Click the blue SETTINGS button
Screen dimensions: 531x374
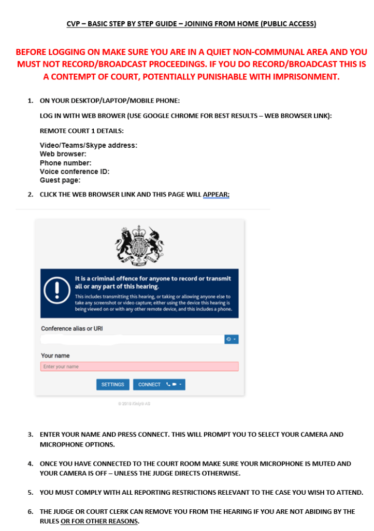[x=112, y=384]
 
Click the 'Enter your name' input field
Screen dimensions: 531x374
[x=139, y=367]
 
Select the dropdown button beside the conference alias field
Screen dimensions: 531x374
[x=231, y=339]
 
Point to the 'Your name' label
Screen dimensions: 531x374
[x=55, y=356]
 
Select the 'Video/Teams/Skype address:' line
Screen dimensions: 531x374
[x=88, y=146]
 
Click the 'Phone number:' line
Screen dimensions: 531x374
[x=65, y=163]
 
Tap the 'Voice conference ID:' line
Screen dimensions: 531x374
[x=75, y=172]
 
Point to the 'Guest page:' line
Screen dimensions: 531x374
[x=60, y=180]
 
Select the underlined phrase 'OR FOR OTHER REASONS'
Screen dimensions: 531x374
[x=99, y=521]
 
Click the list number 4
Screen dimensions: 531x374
[x=31, y=464]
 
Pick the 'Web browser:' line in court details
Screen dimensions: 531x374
[x=63, y=154]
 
